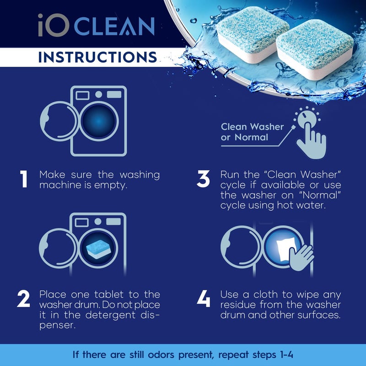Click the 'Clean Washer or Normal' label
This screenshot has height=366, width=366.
point(252,132)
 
